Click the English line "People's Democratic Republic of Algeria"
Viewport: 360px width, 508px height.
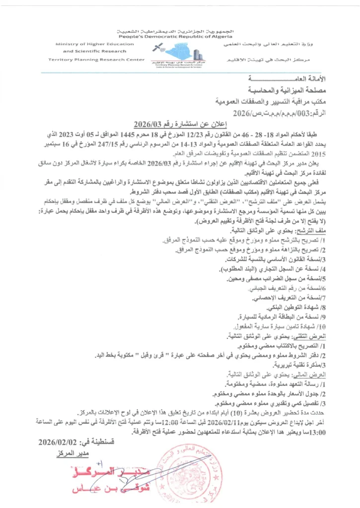pyautogui.click(x=180, y=37)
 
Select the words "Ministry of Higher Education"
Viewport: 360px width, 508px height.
pyautogui.click(x=94, y=44)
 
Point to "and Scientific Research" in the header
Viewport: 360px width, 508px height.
pyautogui.click(x=88, y=51)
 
